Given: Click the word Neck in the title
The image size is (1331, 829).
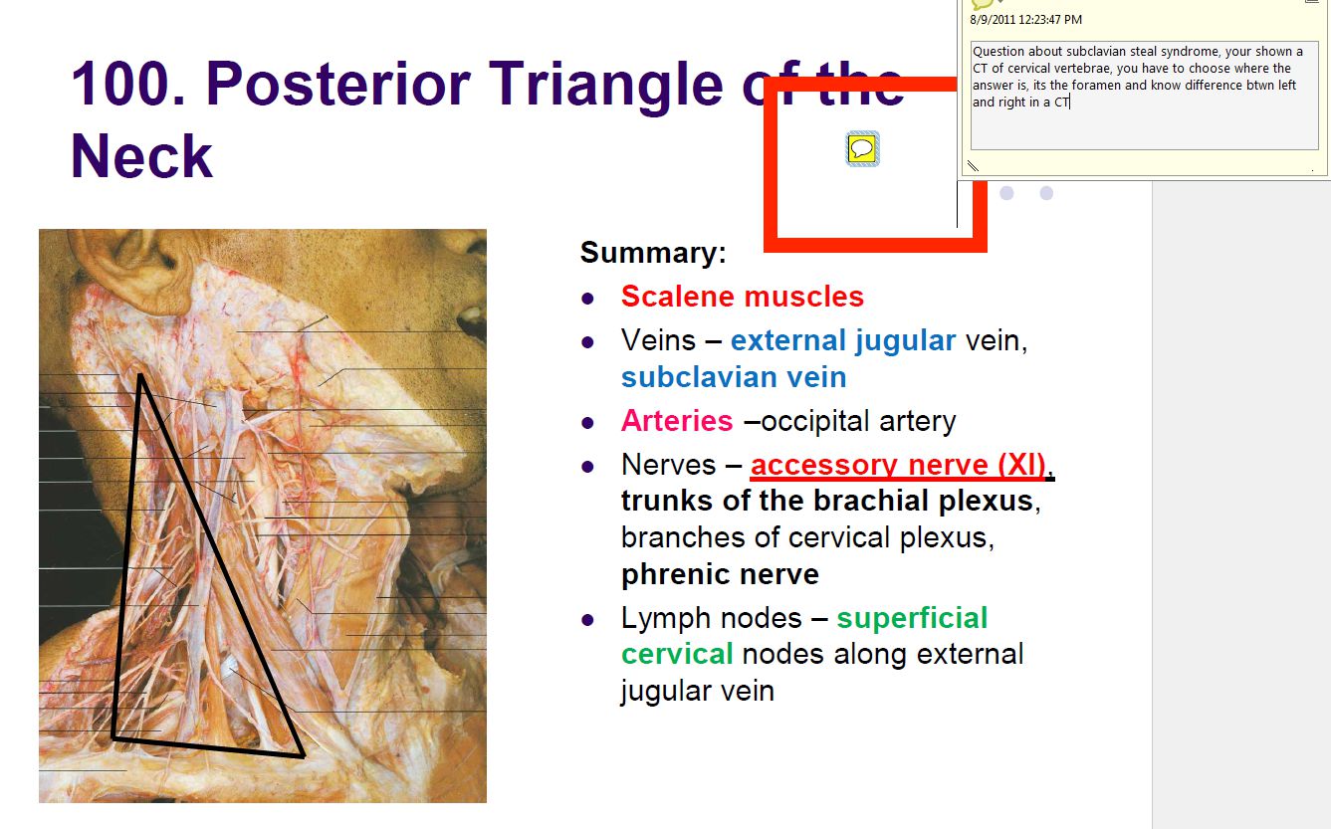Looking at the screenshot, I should pyautogui.click(x=141, y=157).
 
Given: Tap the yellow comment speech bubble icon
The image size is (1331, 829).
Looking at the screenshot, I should pyautogui.click(x=862, y=149).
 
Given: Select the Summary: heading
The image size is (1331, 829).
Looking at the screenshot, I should pyautogui.click(x=653, y=253).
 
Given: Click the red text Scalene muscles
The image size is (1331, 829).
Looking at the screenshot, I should pyautogui.click(x=742, y=297).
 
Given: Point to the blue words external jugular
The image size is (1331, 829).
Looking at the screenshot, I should pyautogui.click(x=842, y=340).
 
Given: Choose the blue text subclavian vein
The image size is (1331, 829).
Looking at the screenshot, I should pyautogui.click(x=733, y=377).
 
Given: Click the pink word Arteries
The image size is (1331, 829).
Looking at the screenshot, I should pyautogui.click(x=677, y=421).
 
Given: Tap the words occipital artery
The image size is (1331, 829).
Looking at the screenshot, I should pyautogui.click(x=858, y=421).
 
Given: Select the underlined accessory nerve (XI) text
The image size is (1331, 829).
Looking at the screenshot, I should pyautogui.click(x=898, y=465).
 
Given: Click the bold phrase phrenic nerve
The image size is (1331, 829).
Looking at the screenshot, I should pyautogui.click(x=720, y=574).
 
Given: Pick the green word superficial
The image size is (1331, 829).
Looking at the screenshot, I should pyautogui.click(x=912, y=618).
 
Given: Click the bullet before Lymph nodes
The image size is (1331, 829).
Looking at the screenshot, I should pyautogui.click(x=588, y=619).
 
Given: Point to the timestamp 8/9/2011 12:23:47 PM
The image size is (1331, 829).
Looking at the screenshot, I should pyautogui.click(x=1025, y=20).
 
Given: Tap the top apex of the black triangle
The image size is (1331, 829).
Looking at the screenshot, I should pyautogui.click(x=140, y=375).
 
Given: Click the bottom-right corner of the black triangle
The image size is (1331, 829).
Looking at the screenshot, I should pyautogui.click(x=302, y=755).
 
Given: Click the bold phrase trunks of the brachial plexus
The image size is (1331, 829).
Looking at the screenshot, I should pyautogui.click(x=826, y=501).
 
